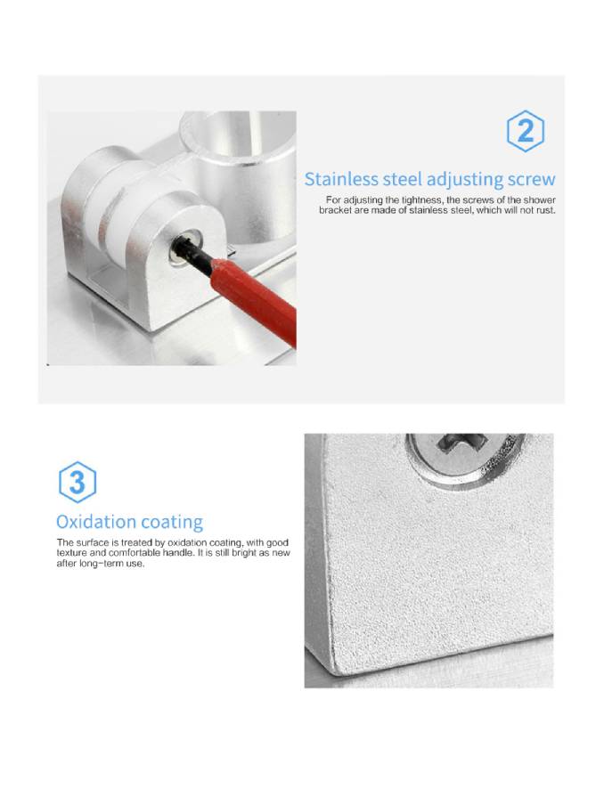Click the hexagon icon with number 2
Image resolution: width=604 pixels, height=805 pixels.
pos(526,131)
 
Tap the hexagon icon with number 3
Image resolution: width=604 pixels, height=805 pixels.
pos(77,482)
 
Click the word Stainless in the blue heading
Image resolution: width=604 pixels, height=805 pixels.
pos(341,179)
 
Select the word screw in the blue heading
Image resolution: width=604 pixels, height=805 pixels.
pos(532,180)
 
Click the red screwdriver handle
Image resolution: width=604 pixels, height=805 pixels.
pos(254,299)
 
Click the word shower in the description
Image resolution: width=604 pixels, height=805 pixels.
pos(539,199)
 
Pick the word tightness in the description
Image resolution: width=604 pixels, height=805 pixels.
pos(421,200)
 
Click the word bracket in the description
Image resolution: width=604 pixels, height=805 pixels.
pos(335,210)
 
